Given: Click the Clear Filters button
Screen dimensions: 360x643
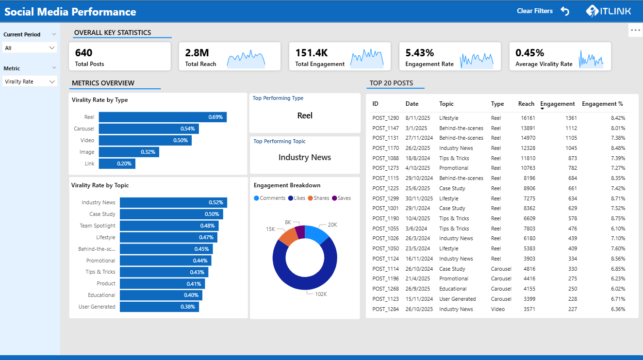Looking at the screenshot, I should (534, 11).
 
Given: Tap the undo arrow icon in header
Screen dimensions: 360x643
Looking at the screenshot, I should (565, 11).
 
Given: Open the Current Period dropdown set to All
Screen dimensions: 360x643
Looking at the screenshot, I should (30, 48).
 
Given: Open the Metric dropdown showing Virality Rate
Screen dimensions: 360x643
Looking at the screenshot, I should (30, 82).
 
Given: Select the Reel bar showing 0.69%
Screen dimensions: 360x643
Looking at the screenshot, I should (163, 117).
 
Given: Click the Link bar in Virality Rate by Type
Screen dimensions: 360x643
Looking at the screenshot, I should (117, 164).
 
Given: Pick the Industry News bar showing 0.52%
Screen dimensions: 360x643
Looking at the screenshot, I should (173, 202).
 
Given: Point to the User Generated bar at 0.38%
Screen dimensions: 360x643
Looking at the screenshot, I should (159, 307).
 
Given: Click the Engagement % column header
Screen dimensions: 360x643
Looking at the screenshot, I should (602, 104).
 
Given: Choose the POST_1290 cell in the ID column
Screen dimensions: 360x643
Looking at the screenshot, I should (385, 118).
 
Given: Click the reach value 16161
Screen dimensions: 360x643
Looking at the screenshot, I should (527, 118).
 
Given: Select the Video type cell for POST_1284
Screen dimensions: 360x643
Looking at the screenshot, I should (497, 309).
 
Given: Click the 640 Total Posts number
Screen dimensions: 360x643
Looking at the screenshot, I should (84, 53).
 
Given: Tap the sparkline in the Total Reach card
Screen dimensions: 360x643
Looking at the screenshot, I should (246, 58).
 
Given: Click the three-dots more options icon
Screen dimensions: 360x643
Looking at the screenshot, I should (635, 30).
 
